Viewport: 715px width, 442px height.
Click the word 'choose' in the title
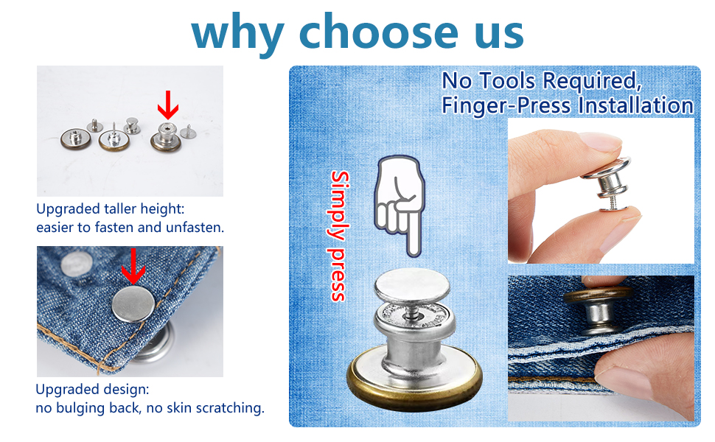[x=378, y=32]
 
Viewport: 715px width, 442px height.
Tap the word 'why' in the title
[x=237, y=34]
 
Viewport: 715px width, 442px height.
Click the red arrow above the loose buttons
[x=168, y=105]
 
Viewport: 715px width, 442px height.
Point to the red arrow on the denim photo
[x=133, y=266]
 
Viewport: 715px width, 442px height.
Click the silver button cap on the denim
[x=133, y=304]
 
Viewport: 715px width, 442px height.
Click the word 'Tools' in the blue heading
[x=507, y=81]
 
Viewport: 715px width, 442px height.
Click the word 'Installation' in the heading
[x=635, y=105]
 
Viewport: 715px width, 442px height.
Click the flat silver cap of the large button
[x=412, y=286]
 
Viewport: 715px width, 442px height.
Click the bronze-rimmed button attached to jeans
[x=597, y=310]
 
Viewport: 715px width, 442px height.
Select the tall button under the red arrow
[x=167, y=136]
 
